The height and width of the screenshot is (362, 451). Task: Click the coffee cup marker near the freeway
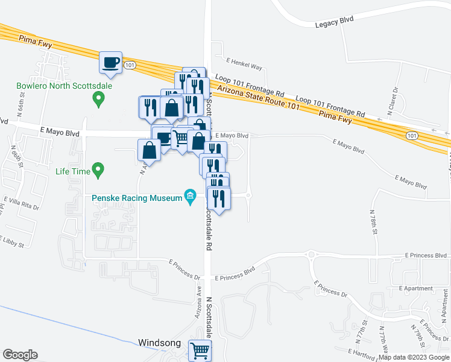click(x=111, y=62)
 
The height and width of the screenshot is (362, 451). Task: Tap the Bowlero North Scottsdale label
click(x=57, y=86)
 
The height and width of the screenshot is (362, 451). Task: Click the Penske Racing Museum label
click(x=137, y=198)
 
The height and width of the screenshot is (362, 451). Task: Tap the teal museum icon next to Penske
click(x=191, y=197)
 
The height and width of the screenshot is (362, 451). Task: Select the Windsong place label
click(x=159, y=343)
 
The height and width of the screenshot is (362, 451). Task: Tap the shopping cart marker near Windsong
click(x=200, y=349)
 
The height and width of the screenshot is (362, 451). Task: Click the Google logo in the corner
click(x=20, y=355)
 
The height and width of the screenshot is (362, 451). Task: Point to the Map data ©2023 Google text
click(x=414, y=357)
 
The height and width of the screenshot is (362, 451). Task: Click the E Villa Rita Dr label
click(x=20, y=202)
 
